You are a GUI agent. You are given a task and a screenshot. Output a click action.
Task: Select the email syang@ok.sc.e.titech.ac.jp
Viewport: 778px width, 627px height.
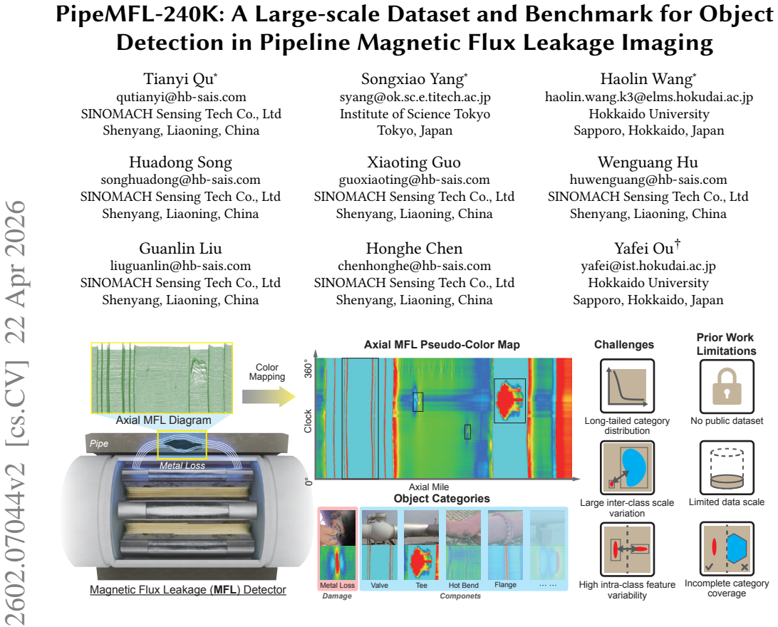click(415, 97)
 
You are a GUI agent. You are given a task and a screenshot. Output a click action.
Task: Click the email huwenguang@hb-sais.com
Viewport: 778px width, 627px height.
click(648, 180)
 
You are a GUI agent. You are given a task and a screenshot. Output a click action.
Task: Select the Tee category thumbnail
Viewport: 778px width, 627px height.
click(421, 545)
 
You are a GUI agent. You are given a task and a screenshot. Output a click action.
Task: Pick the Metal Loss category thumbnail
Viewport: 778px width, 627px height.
click(338, 545)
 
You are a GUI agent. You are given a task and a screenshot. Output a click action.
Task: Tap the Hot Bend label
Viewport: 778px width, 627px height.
click(463, 586)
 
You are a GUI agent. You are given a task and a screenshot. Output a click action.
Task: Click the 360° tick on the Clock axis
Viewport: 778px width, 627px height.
click(308, 368)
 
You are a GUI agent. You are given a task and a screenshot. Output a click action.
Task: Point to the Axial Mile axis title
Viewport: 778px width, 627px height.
click(429, 487)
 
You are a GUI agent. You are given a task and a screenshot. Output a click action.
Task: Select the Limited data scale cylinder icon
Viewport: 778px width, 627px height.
click(727, 468)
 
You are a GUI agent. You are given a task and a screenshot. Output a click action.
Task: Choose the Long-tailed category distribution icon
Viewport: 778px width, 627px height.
click(627, 386)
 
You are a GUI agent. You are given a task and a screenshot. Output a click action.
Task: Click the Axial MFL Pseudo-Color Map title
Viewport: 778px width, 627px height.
click(442, 345)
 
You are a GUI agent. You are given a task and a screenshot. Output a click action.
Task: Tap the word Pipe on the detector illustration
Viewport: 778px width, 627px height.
click(99, 443)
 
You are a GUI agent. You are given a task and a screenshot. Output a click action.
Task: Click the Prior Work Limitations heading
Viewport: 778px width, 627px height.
click(726, 344)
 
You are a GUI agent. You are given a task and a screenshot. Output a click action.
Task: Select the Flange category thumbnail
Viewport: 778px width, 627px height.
click(505, 545)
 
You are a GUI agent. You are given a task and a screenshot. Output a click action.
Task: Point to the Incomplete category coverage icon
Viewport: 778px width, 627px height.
click(727, 549)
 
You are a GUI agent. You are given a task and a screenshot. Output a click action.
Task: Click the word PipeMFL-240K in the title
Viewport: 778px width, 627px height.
click(136, 14)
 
